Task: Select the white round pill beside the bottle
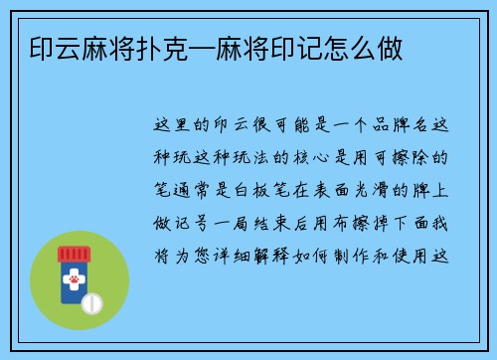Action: tap(91, 301)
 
